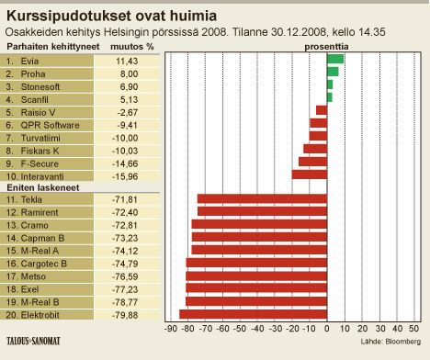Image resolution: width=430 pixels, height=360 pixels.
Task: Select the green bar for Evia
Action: coord(335,59)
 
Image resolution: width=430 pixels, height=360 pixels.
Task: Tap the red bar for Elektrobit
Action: coord(254,314)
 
